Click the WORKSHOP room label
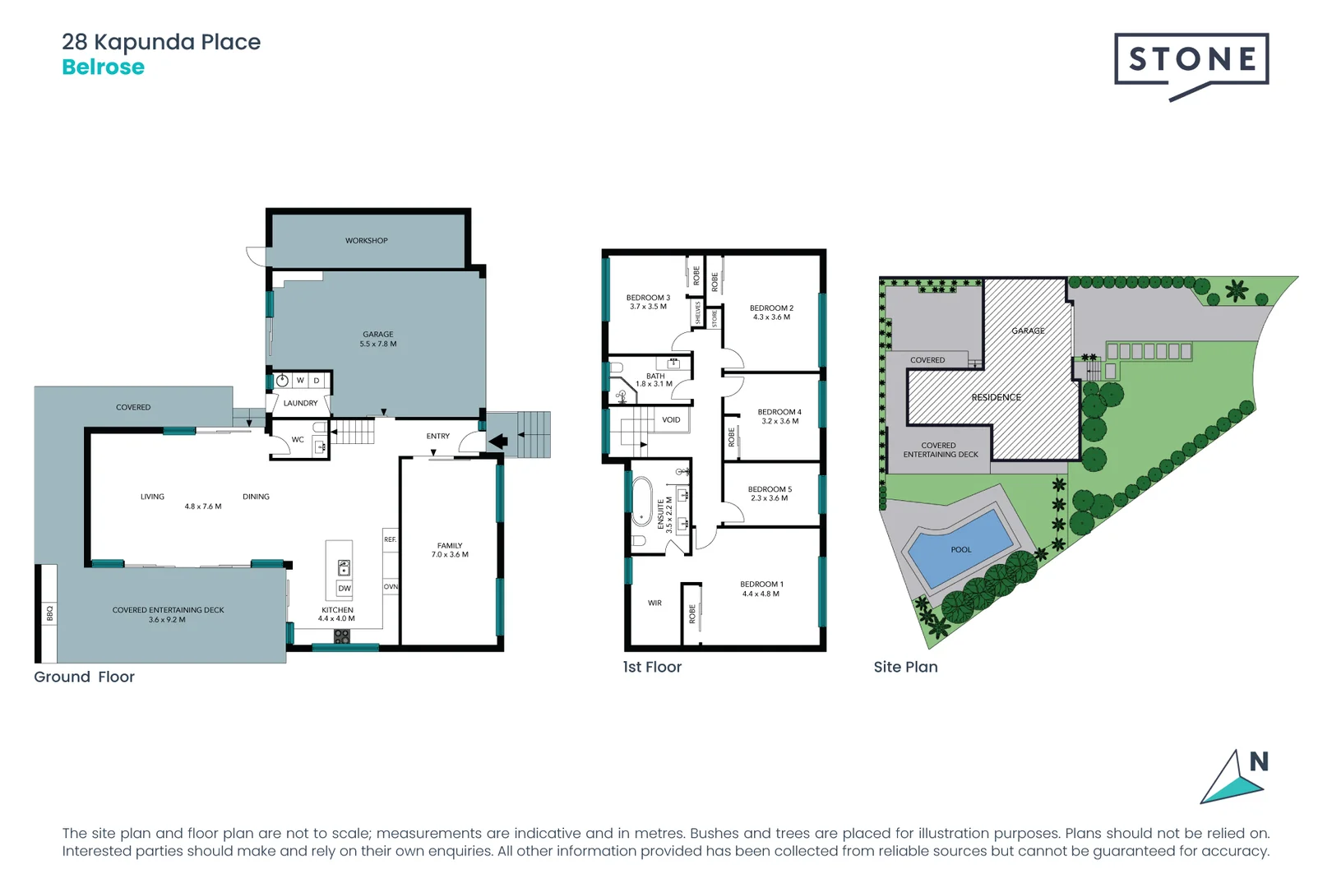[366, 241]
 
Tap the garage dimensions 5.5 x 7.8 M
[378, 345]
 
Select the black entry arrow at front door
[498, 442]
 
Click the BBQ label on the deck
[49, 613]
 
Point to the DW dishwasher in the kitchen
[345, 589]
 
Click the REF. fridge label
[391, 539]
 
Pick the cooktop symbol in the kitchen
[342, 636]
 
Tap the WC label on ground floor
[298, 440]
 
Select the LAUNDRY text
[300, 404]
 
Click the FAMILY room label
[450, 546]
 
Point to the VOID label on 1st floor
[671, 420]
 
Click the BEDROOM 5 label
[770, 489]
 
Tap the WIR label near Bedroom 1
[654, 603]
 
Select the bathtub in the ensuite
[641, 502]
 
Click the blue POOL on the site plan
[960, 547]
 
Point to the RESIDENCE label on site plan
[996, 398]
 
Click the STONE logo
[1191, 60]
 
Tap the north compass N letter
[1259, 762]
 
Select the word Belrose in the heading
[104, 67]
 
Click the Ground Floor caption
[84, 677]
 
